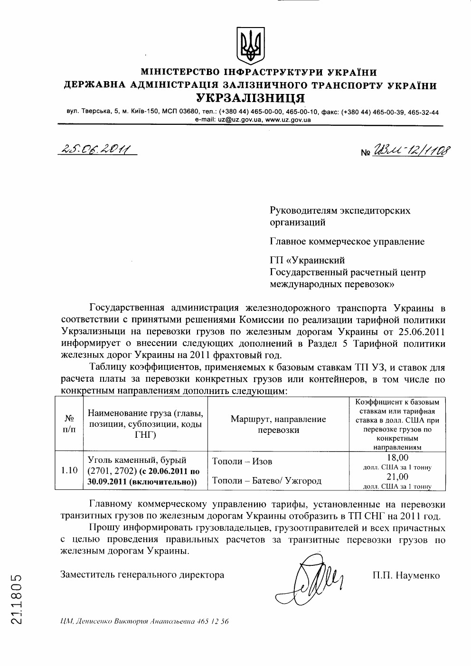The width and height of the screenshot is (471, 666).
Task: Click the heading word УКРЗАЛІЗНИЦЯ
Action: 251,98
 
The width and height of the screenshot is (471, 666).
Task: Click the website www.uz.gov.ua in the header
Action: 288,120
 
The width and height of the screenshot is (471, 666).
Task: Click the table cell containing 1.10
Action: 69,470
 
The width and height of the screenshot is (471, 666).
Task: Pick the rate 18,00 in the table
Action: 397,458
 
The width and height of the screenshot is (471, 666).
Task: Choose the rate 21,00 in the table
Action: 397,477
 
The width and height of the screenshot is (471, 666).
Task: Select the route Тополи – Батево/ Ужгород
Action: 266,480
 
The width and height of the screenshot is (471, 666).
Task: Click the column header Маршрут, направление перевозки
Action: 278,424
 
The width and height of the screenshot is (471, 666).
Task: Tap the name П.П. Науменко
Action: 406,575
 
